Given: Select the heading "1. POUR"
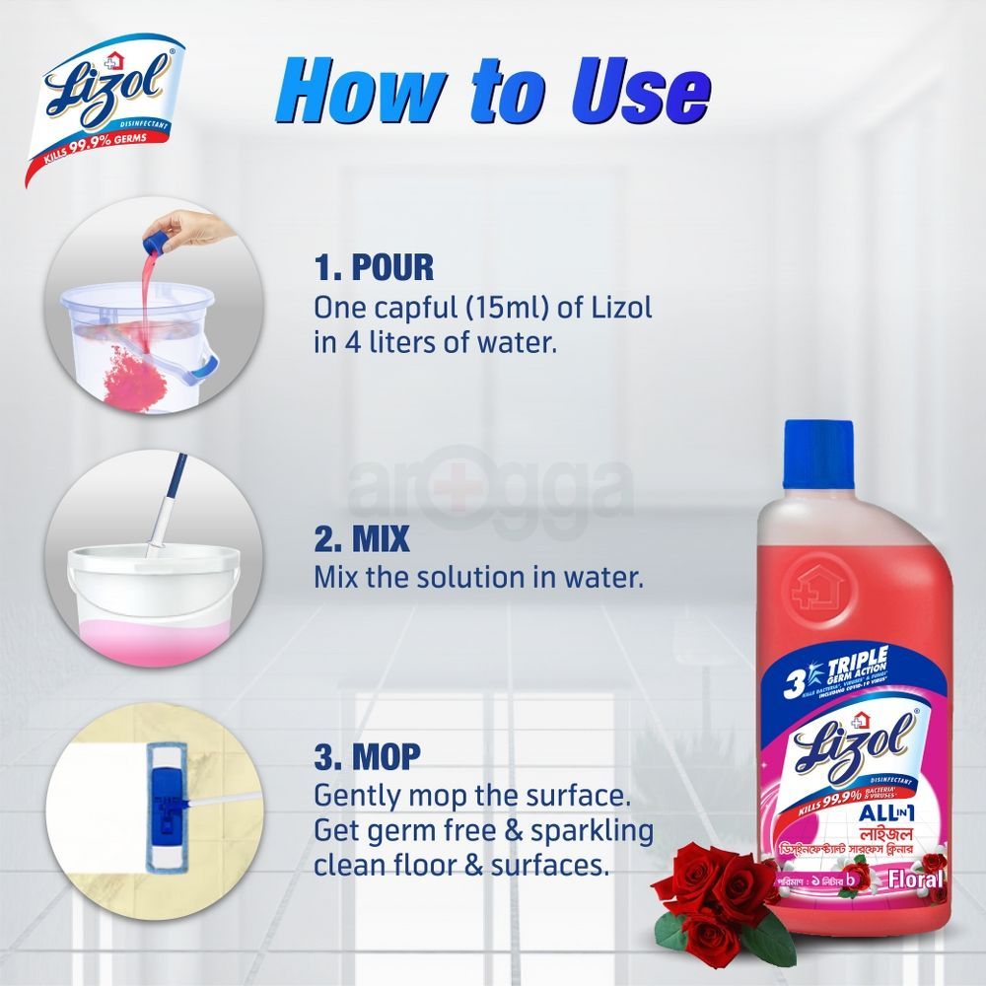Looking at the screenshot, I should (x=374, y=268).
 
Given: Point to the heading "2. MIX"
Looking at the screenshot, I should (x=361, y=541).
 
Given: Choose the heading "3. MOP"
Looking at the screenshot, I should (x=368, y=757).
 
